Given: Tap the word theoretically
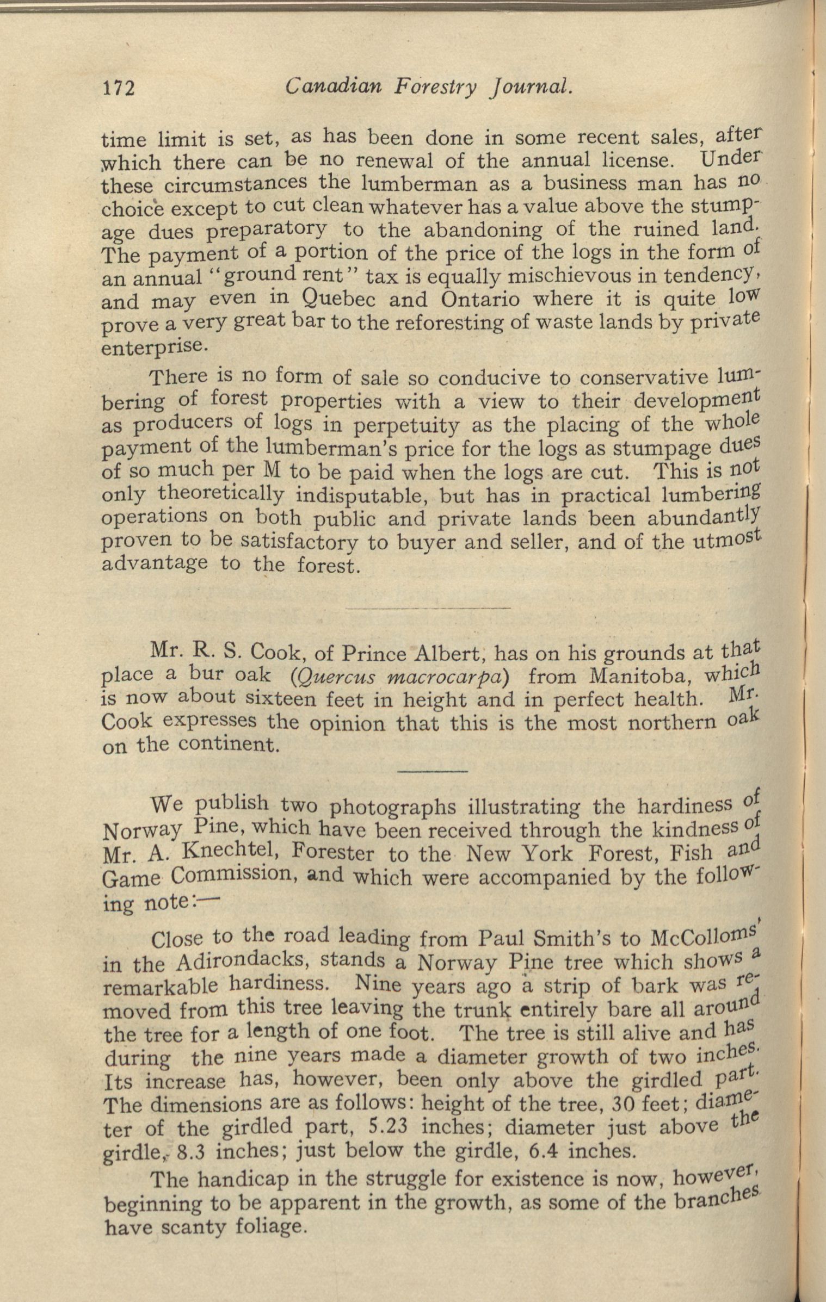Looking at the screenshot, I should tap(220, 494).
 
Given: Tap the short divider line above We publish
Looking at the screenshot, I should tap(433, 771).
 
